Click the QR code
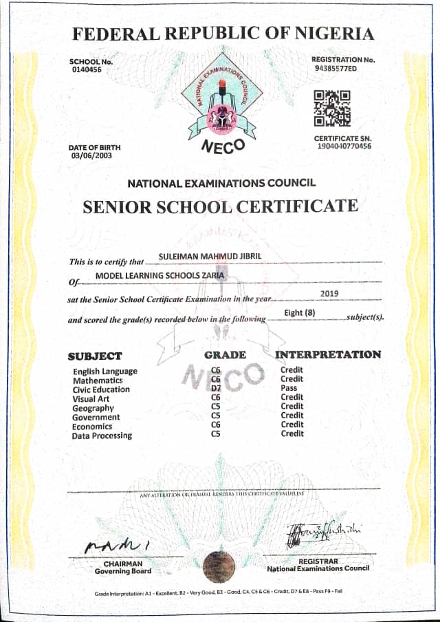(x=332, y=109)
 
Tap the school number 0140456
(x=86, y=70)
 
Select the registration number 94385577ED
(x=335, y=69)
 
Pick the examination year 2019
(x=331, y=293)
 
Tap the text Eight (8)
(x=300, y=314)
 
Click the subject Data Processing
(x=102, y=436)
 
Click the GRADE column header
(x=225, y=355)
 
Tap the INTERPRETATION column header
(x=328, y=355)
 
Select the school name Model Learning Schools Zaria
(x=159, y=276)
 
